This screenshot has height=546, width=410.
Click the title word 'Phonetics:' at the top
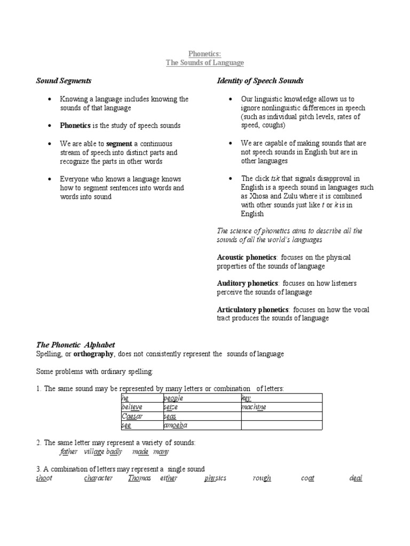[x=204, y=54]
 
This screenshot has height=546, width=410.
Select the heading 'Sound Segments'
[x=64, y=81]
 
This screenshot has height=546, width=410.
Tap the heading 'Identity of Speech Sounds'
[x=260, y=81]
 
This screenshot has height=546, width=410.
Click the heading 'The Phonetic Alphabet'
[x=75, y=345]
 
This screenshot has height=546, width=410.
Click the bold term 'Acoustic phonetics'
[x=247, y=258]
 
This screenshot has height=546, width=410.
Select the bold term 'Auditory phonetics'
[x=247, y=283]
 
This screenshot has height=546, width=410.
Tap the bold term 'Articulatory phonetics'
[x=253, y=309]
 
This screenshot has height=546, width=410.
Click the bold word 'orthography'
[x=93, y=354]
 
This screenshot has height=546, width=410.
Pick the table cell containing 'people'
[x=201, y=398]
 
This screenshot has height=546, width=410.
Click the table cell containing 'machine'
[x=281, y=407]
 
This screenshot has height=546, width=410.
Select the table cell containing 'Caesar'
[x=141, y=416]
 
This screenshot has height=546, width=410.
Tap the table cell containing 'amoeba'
[x=201, y=425]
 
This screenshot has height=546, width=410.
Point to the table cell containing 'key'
[x=281, y=398]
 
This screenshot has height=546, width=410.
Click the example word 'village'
[x=94, y=452]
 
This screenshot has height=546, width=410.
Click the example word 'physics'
[x=215, y=478]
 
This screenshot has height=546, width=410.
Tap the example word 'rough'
[x=262, y=478]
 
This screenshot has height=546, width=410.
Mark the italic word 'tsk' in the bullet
[x=278, y=179]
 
